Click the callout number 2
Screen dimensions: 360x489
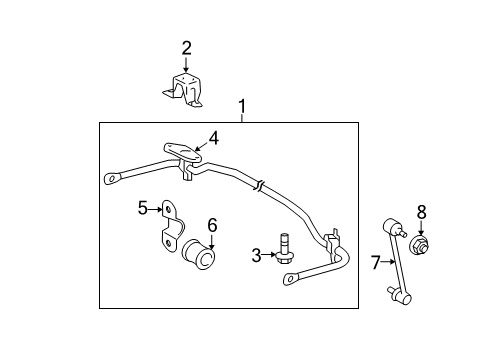coord(186,47)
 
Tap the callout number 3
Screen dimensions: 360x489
coord(255,256)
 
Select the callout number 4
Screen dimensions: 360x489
coord(212,138)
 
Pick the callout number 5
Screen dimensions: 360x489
coord(143,207)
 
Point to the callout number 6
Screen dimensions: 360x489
coord(212,224)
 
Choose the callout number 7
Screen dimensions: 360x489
coord(375,263)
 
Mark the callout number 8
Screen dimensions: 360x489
coord(421,211)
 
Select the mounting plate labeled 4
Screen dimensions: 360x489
coord(182,153)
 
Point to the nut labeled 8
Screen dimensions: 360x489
coord(420,244)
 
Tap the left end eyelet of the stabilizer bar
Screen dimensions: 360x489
coord(110,180)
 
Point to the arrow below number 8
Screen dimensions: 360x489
coord(421,227)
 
